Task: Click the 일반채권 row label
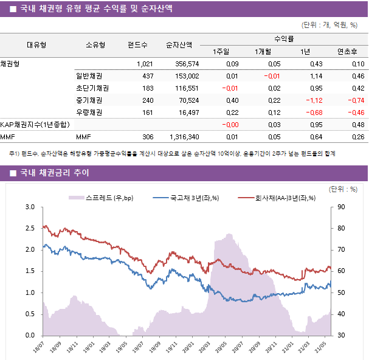tap(89, 76)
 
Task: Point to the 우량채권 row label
tap(89, 112)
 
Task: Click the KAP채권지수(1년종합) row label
tap(35, 125)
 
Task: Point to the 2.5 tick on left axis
tap(30, 229)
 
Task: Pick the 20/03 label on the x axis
tap(205, 347)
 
